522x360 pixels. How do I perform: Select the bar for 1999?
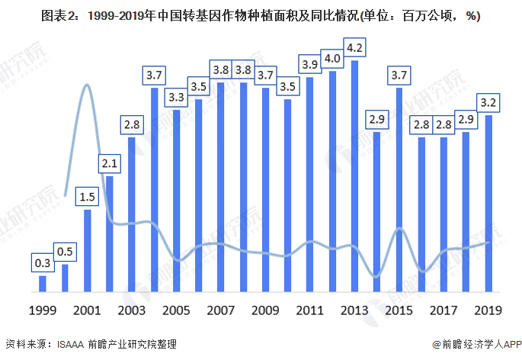43,284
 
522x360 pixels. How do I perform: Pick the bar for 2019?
488,204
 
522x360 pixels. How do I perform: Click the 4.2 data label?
354,47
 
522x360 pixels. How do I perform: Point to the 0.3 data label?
43,263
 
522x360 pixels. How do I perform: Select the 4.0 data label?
332,58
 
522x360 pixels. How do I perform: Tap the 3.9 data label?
310,65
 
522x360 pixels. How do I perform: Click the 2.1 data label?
110,163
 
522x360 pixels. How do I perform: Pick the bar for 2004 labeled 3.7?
154,191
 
